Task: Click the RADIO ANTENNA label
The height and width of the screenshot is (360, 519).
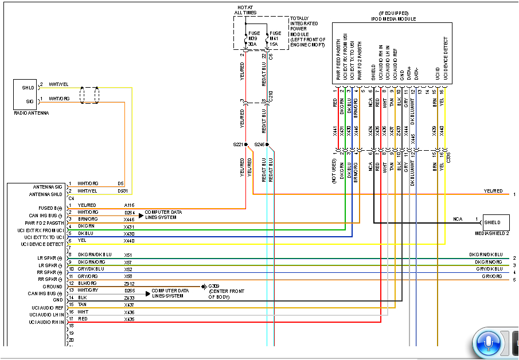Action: pos(31,113)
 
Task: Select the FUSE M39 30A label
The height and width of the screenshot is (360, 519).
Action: pos(252,38)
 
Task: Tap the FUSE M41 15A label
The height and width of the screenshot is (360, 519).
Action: pos(275,38)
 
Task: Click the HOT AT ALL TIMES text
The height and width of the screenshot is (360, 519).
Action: pos(245,10)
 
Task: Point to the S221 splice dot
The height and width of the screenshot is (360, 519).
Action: pos(245,144)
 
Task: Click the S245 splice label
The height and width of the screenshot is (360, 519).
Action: pos(259,144)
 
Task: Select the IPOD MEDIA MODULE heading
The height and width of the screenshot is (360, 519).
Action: pos(392,19)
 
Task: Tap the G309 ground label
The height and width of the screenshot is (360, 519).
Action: pos(214,287)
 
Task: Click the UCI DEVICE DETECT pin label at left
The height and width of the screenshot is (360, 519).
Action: pos(42,244)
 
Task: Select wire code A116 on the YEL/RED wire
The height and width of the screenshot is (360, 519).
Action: pos(128,205)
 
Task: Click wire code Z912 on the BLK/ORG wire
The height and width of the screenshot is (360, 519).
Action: pos(128,283)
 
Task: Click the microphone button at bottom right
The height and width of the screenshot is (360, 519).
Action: pos(486,342)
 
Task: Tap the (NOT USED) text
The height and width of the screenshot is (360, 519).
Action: pos(334,171)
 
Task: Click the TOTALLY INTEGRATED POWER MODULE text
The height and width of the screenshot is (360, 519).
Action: pos(307,29)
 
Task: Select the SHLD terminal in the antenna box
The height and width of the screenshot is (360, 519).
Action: pos(29,87)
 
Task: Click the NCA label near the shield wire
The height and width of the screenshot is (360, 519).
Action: pos(458,219)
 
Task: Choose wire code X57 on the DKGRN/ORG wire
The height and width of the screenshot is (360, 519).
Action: pos(128,262)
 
